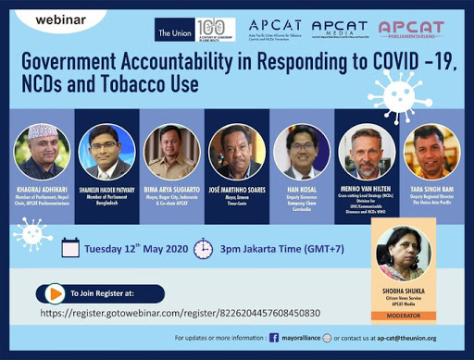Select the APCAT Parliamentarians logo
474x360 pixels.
410,31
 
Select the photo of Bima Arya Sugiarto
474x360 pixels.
171,151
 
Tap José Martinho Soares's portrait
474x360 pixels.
235,151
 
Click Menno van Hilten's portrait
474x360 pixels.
366,152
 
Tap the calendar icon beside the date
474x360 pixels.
71,247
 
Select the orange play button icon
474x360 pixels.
55,293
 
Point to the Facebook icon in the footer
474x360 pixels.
273,340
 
